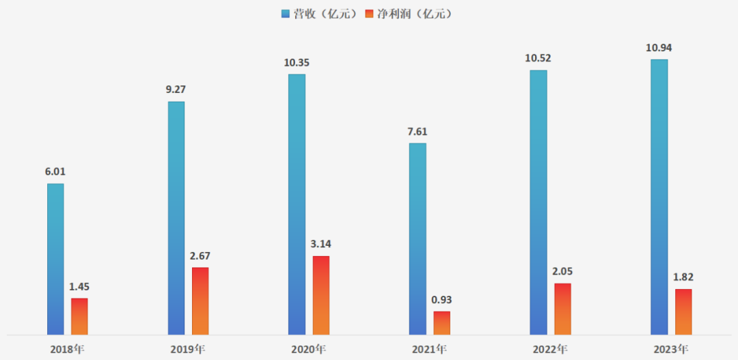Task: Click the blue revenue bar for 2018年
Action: (55, 259)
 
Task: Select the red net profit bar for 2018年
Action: (79, 316)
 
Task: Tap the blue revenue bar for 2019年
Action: (176, 218)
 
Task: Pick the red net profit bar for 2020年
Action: (320, 295)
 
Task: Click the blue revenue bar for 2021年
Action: (418, 238)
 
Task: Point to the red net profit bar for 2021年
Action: (442, 323)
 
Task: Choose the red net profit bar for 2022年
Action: (562, 309)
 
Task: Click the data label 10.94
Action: (659, 49)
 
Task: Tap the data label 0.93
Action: (442, 300)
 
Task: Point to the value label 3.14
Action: (320, 244)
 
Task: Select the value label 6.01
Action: (55, 172)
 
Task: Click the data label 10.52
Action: (538, 58)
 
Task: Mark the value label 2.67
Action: (200, 255)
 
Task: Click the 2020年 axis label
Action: (308, 349)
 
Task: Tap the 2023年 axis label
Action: (670, 349)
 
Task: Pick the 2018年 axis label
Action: (68, 349)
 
